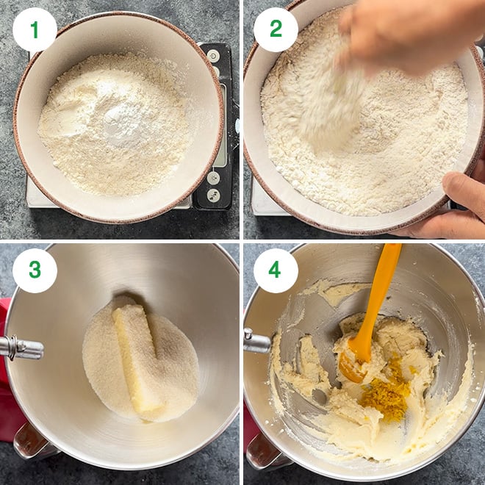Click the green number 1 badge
(35, 29)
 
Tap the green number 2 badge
(276, 29)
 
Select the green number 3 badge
(35, 270)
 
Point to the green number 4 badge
(276, 270)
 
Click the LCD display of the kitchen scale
(220, 125)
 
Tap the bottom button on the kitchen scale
(213, 195)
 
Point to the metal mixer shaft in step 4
(256, 342)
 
